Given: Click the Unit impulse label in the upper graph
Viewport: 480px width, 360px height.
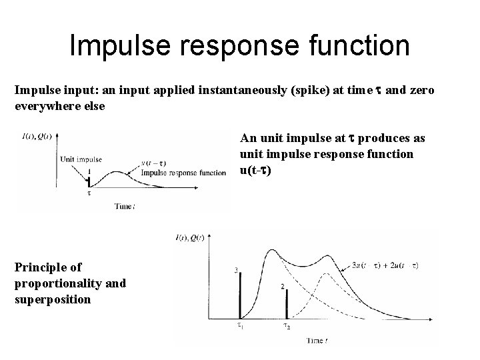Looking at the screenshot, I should click(81, 159).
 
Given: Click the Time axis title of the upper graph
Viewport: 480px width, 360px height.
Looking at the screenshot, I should click(125, 207).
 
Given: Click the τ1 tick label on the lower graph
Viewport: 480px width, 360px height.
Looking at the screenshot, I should click(240, 327).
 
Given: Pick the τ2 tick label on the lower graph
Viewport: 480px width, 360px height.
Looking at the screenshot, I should click(286, 327).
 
